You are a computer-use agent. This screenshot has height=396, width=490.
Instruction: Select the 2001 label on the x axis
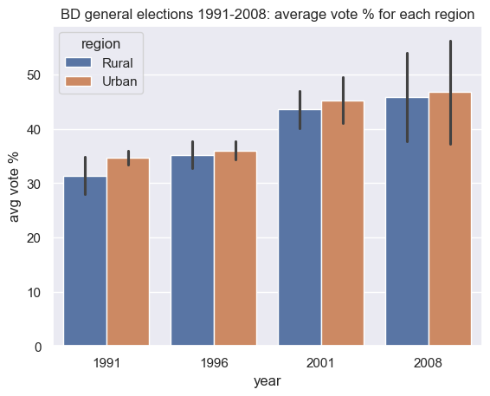pos(321,364)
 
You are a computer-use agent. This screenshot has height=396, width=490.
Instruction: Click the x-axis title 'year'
pos(268,380)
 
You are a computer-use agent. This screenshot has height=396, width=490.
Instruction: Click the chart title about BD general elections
pos(268,14)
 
